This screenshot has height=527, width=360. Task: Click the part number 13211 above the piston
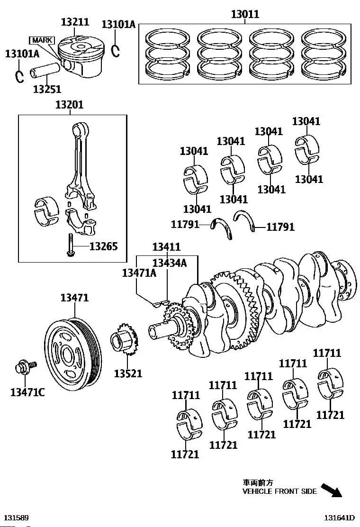75,22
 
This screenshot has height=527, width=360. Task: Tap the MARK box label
42,40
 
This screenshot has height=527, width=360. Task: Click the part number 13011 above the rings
245,14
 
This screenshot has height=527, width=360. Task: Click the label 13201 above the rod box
70,105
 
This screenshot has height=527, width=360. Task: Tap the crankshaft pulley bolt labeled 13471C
25,367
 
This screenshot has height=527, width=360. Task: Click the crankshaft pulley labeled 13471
73,354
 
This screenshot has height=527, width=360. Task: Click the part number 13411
166,247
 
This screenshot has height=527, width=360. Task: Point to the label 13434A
169,263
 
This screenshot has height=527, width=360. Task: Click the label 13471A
139,273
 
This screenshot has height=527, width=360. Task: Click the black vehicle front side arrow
332,490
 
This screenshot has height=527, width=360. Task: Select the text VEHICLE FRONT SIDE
279,491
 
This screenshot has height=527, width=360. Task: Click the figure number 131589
16,518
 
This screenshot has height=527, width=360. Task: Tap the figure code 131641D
339,518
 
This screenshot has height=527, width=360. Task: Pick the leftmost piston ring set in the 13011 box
167,54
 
